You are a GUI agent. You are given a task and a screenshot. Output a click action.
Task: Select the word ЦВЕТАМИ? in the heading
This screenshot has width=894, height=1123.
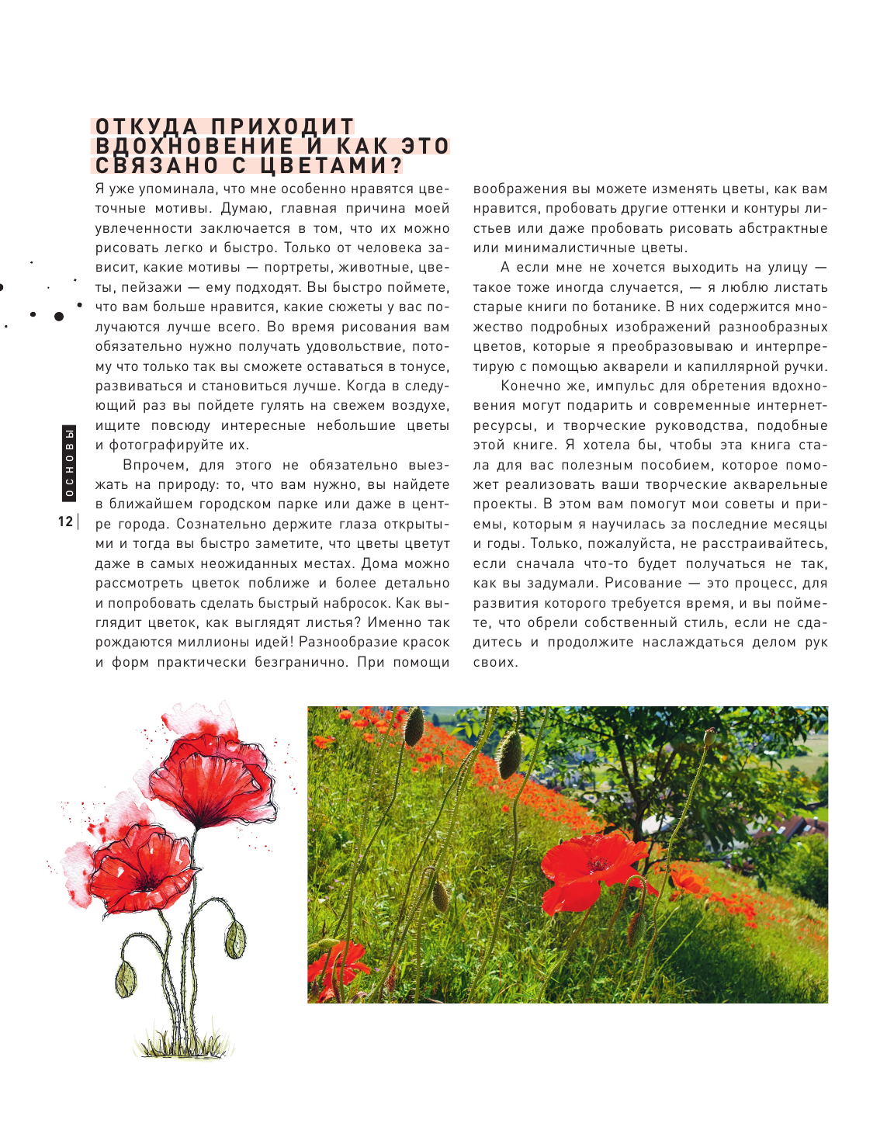pyautogui.click(x=331, y=165)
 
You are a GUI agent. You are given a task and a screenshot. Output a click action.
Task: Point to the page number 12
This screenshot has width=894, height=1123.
pyautogui.click(x=65, y=522)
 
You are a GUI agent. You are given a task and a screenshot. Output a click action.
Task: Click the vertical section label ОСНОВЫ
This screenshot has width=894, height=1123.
pyautogui.click(x=69, y=462)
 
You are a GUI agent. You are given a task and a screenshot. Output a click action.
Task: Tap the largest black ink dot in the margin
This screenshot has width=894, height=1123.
pyautogui.click(x=58, y=316)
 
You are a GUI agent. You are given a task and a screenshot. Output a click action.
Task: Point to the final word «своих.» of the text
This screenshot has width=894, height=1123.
pyautogui.click(x=495, y=663)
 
